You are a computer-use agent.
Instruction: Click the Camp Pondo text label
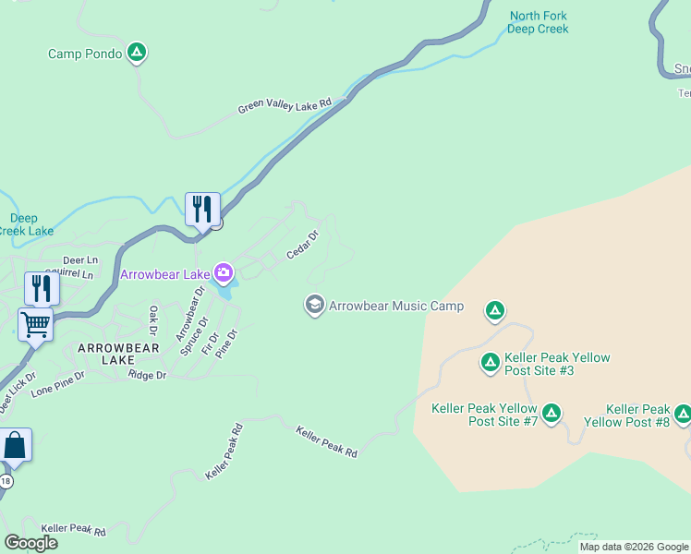tap(85, 54)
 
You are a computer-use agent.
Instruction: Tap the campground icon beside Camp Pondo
tap(136, 53)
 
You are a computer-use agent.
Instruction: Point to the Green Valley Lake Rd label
tap(285, 106)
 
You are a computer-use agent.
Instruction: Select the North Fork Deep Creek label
tap(539, 22)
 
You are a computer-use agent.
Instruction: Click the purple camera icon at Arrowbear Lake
tap(223, 273)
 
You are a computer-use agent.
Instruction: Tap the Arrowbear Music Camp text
tap(396, 306)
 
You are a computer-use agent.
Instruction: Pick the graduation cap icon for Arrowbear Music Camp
tap(314, 305)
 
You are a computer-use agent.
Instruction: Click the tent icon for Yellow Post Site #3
tap(491, 363)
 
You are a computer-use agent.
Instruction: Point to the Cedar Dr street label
tap(302, 245)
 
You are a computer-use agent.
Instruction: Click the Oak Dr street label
tap(154, 321)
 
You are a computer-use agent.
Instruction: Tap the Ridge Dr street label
tap(148, 375)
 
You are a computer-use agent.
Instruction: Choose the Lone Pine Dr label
tap(57, 384)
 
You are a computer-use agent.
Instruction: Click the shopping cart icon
tap(35, 324)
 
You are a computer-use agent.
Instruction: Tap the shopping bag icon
tap(16, 445)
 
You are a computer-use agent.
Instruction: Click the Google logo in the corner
tap(30, 543)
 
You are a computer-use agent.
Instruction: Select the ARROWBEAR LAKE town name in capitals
tap(118, 354)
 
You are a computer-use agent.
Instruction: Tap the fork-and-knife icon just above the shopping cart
tap(42, 288)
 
